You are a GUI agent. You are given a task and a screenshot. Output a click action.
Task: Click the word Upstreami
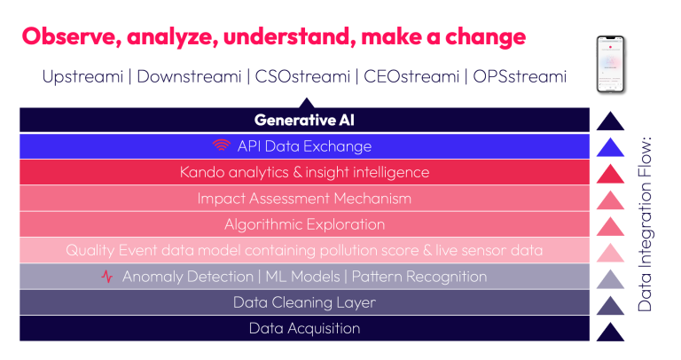tap(82, 76)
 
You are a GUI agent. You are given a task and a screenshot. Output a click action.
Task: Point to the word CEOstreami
tap(411, 76)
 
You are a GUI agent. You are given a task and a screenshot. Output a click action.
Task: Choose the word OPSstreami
tap(518, 76)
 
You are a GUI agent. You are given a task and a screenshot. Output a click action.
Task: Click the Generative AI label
tap(304, 120)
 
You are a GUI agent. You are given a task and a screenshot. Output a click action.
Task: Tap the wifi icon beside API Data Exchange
tap(221, 146)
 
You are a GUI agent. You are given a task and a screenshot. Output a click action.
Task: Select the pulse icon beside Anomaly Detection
tap(107, 277)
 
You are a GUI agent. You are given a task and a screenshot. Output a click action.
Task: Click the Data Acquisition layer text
tap(304, 329)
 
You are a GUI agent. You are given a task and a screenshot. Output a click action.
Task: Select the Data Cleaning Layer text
tap(304, 302)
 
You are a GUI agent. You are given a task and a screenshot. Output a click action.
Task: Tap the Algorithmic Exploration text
tap(304, 224)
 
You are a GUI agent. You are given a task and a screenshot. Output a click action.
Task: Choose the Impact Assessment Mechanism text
tap(304, 199)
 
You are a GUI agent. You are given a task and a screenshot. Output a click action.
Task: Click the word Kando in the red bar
tap(201, 172)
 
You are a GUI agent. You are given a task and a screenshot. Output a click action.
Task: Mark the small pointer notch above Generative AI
tap(304, 102)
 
